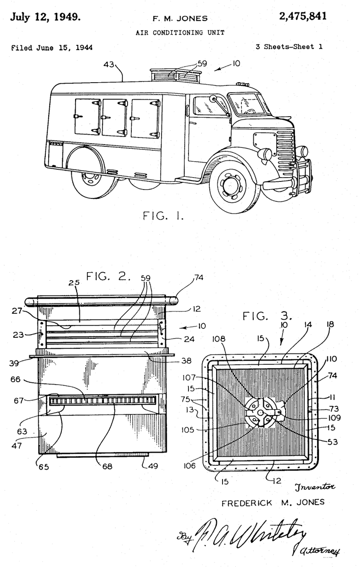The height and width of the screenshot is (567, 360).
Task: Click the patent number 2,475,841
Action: click(302, 17)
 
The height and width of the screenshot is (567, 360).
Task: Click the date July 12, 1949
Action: click(45, 18)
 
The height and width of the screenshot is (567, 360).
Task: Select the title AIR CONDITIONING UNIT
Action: click(180, 33)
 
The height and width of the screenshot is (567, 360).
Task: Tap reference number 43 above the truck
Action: click(110, 64)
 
